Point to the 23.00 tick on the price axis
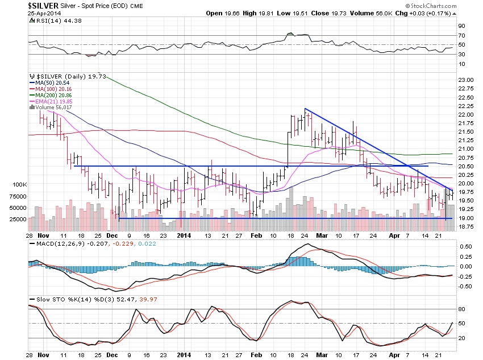pos(466,80)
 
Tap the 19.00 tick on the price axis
pos(466,218)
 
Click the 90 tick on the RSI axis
pos(461,26)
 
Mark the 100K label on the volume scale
pos(20,185)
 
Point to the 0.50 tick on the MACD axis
pos(465,247)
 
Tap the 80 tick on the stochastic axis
pos(461,309)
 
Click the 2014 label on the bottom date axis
pos(184,234)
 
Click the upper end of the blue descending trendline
pos(306,109)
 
